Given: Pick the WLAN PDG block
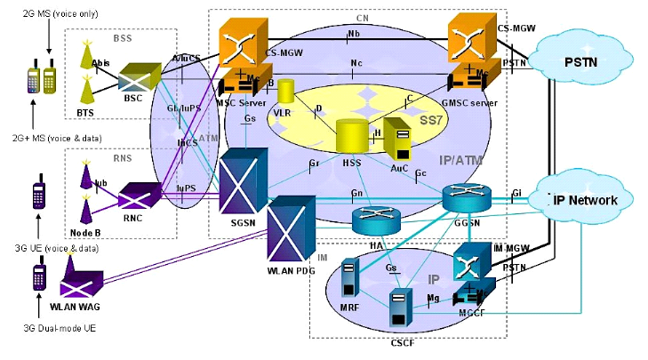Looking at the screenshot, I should point(289,226).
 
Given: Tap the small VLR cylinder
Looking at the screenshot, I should point(286,92).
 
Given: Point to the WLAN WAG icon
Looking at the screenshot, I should point(86,290).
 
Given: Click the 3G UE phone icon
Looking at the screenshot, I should point(39,197).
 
